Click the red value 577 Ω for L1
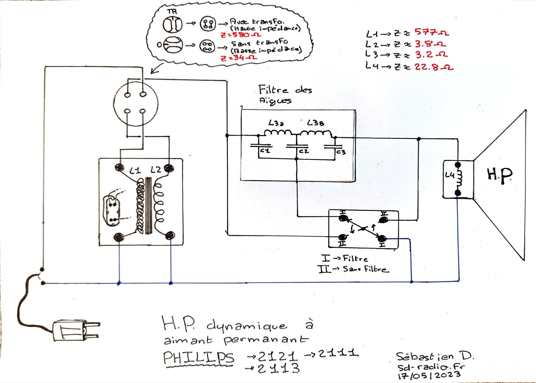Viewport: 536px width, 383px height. [x=431, y=33]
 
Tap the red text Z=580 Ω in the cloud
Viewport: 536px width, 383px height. [x=241, y=35]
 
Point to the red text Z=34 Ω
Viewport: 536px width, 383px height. [x=239, y=58]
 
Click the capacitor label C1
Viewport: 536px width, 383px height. [x=265, y=151]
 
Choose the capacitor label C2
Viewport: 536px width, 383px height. [x=304, y=151]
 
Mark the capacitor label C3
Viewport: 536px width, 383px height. [x=341, y=152]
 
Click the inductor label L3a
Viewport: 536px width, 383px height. [x=276, y=123]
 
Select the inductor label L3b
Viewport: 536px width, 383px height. [x=315, y=123]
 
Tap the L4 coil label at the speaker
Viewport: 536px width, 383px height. [x=450, y=175]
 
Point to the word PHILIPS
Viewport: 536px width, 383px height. [x=199, y=358]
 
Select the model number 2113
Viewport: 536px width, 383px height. [x=278, y=368]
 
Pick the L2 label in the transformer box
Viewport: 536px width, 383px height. [x=156, y=170]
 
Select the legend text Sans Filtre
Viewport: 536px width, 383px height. [x=366, y=269]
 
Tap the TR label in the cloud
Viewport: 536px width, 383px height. [x=172, y=12]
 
